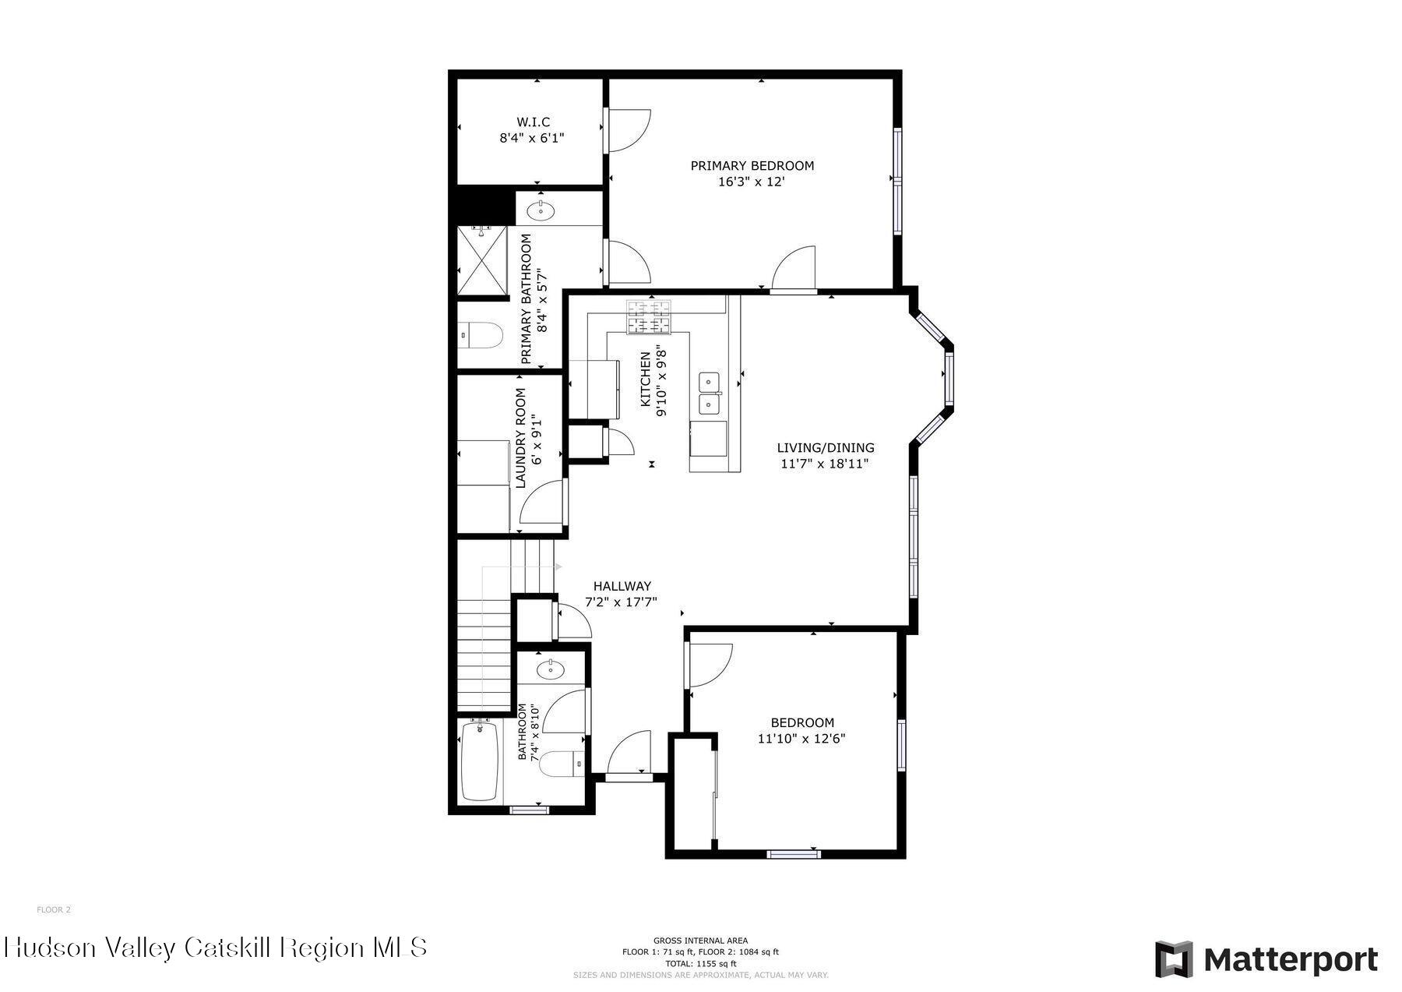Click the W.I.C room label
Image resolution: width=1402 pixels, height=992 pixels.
point(533,122)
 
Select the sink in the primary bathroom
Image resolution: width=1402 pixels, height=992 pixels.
point(541,210)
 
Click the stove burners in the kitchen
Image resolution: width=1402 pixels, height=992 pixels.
point(650,317)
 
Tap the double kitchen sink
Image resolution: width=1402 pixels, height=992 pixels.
point(709,393)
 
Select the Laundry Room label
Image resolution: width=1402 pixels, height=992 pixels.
point(520,438)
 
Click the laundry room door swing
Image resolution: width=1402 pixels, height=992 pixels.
point(542,503)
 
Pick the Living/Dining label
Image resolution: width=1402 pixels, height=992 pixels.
point(826,448)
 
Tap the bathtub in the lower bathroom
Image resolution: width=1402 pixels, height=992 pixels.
point(480,761)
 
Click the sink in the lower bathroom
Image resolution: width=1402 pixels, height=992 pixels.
point(551,668)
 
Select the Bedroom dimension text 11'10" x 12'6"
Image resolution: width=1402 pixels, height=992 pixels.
point(801,739)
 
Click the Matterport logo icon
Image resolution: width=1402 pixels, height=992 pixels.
point(1174,958)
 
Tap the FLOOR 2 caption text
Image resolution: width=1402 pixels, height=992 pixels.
point(54,909)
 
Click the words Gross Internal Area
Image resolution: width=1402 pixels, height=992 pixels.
point(700,941)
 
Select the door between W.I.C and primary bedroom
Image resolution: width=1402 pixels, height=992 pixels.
point(627,130)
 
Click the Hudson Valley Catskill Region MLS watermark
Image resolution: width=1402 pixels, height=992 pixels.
point(216,948)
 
